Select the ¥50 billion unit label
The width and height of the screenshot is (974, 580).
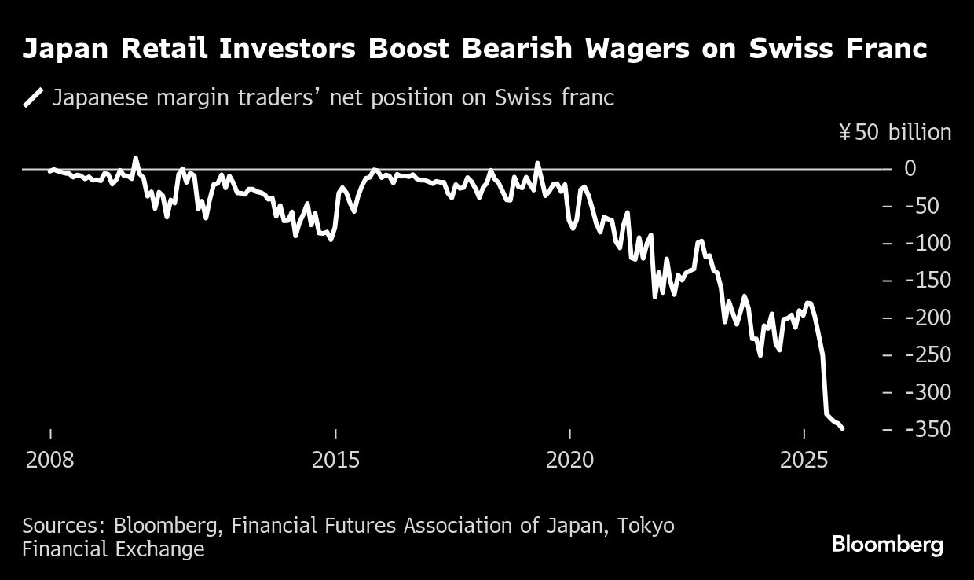[895, 132]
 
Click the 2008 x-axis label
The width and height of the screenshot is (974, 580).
[50, 460]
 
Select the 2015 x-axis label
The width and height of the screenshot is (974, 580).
[335, 460]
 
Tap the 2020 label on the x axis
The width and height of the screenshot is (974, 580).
[570, 460]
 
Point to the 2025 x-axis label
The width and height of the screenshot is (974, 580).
[804, 460]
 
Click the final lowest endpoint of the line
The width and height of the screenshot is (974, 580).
[842, 428]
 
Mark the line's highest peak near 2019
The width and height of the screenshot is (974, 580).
[538, 163]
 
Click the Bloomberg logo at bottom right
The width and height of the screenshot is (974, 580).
[888, 545]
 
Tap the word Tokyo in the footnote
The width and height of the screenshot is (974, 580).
[645, 525]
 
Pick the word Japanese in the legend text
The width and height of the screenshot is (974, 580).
[101, 98]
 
